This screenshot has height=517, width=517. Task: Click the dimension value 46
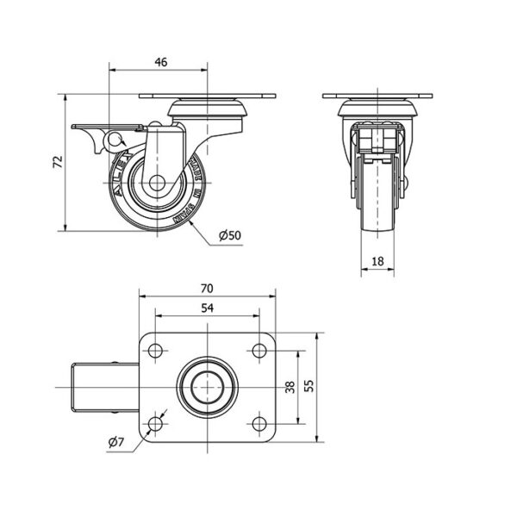pyautogui.click(x=160, y=61)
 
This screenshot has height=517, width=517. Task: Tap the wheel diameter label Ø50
pyautogui.click(x=229, y=235)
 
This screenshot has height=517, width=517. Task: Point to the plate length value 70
pyautogui.click(x=207, y=289)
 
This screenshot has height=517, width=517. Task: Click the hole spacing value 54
pyautogui.click(x=207, y=308)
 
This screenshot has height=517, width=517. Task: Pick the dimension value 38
pyautogui.click(x=289, y=387)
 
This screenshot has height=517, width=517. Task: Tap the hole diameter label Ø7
pyautogui.click(x=117, y=443)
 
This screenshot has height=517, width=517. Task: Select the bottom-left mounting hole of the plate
pyautogui.click(x=156, y=423)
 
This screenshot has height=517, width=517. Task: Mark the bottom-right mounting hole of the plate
pyautogui.click(x=258, y=423)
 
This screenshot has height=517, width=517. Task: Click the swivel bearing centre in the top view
pyautogui.click(x=207, y=387)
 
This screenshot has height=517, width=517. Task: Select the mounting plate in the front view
pyautogui.click(x=377, y=94)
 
